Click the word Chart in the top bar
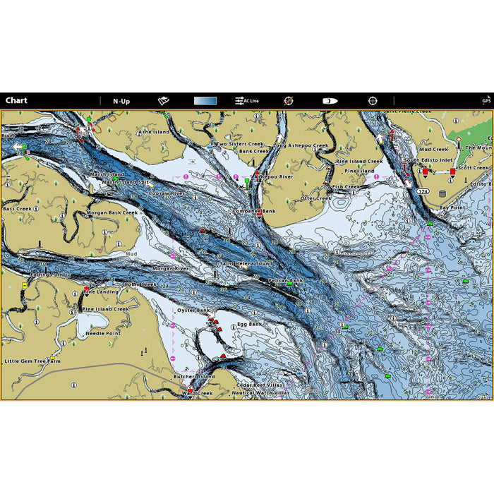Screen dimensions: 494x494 pyautogui.click(x=16, y=101)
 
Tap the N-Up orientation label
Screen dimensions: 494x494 pyautogui.click(x=121, y=101)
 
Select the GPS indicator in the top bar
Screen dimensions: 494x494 pyautogui.click(x=486, y=101)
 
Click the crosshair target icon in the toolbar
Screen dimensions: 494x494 pyautogui.click(x=373, y=101)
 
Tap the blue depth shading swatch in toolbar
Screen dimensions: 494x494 pyautogui.click(x=205, y=101)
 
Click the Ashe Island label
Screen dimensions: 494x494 pyautogui.click(x=154, y=132)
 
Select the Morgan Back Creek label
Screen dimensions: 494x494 pyautogui.click(x=112, y=212)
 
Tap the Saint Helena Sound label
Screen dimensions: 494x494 pyautogui.click(x=246, y=263)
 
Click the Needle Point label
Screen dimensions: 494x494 pyautogui.click(x=103, y=333)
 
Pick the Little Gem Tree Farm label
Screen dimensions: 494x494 pyautogui.click(x=32, y=361)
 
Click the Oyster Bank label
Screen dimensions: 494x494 pyautogui.click(x=193, y=310)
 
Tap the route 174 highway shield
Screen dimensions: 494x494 pyautogui.click(x=422, y=191)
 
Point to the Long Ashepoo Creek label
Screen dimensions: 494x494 pyautogui.click(x=301, y=145)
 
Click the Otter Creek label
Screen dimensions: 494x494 pyautogui.click(x=315, y=198)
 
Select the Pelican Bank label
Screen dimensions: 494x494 pyautogui.click(x=285, y=280)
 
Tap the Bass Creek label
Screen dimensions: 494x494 pyautogui.click(x=17, y=209)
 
